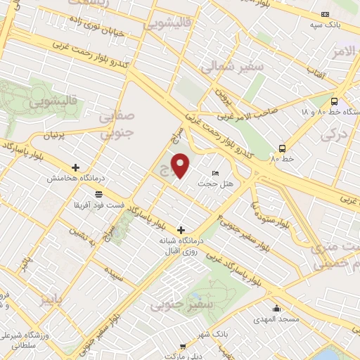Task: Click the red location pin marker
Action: click(181, 165)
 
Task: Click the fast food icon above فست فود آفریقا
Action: click(98, 194)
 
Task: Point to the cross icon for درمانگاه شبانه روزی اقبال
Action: click(181, 230)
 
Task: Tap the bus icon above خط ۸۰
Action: click(282, 148)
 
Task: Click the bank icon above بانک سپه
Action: click(324, 14)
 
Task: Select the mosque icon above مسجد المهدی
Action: click(277, 308)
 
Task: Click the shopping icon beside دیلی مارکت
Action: click(182, 347)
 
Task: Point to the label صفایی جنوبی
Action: click(115, 122)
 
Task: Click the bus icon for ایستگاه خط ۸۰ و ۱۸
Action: click(334, 101)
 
